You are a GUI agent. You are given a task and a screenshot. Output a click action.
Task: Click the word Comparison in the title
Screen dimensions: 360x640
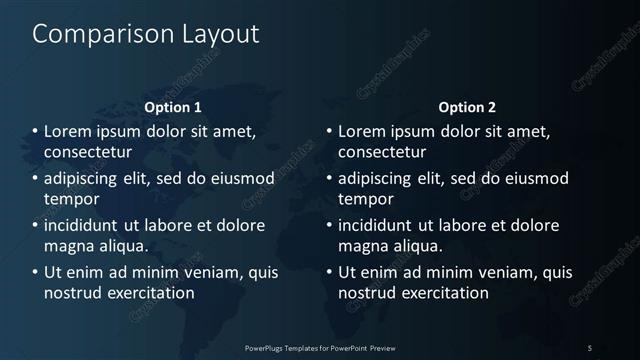point(92,34)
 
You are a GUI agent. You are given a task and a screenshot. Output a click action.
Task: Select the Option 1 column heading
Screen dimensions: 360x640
point(173,107)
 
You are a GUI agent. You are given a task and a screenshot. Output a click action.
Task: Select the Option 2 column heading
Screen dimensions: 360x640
point(466,107)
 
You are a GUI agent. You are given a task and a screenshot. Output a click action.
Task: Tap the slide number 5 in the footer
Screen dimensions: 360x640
point(590,347)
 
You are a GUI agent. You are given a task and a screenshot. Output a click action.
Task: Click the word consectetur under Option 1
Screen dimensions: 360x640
point(88,152)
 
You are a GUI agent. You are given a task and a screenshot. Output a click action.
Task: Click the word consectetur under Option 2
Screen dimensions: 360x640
point(382,152)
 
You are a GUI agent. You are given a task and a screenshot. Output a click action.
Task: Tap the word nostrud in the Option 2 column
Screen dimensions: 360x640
point(366,293)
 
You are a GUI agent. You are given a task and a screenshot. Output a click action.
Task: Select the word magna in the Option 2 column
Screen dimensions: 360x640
point(363,246)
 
